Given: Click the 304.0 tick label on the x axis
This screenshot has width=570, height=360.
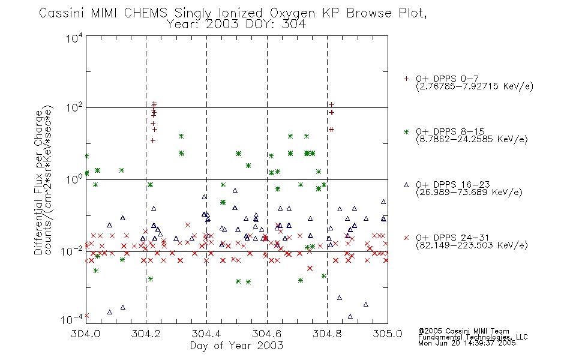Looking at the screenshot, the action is (x=86, y=334).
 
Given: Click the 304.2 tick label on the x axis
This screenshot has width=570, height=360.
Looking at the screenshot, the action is (x=146, y=334).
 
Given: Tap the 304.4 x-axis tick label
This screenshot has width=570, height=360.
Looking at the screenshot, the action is (x=206, y=334).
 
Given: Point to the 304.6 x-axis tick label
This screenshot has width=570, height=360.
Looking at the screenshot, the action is (x=267, y=334).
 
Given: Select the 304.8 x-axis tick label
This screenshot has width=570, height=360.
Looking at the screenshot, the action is (x=327, y=334).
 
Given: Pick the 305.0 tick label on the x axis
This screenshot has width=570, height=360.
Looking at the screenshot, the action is (x=388, y=334).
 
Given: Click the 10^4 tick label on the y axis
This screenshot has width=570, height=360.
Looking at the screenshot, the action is (x=74, y=38).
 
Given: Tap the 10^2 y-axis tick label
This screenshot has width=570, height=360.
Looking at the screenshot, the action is (x=74, y=108).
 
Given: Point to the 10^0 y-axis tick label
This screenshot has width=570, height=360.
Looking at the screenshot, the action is (x=74, y=179).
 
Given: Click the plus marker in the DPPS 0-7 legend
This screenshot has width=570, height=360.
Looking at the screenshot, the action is (x=406, y=79).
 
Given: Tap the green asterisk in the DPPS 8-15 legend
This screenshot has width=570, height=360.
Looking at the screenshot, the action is (x=406, y=131).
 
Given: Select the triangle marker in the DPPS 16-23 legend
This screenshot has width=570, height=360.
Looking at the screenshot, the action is (x=406, y=185).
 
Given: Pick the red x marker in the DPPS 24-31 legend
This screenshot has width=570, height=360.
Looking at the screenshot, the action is (x=406, y=238).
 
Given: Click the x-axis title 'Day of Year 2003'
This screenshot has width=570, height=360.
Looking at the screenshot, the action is (x=236, y=346).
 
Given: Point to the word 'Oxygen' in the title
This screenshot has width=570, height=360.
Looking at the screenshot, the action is (x=292, y=14).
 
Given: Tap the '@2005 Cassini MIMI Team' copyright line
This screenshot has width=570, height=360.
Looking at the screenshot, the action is (x=463, y=331).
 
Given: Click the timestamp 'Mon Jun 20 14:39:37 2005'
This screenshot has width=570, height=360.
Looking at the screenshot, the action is (x=467, y=343).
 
